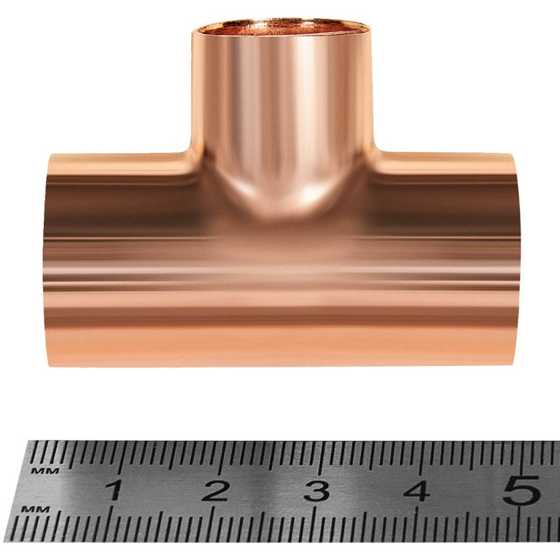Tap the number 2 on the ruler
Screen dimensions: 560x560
pyautogui.click(x=214, y=490)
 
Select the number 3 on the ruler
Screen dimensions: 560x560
pyautogui.click(x=316, y=491)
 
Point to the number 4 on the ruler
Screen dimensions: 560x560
pyautogui.click(x=417, y=491)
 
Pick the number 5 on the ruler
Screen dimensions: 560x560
pyautogui.click(x=521, y=490)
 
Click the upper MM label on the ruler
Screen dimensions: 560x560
pyautogui.click(x=45, y=471)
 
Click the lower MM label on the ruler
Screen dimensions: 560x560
pyautogui.click(x=35, y=509)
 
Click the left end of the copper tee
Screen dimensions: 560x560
pyautogui.click(x=48, y=260)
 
